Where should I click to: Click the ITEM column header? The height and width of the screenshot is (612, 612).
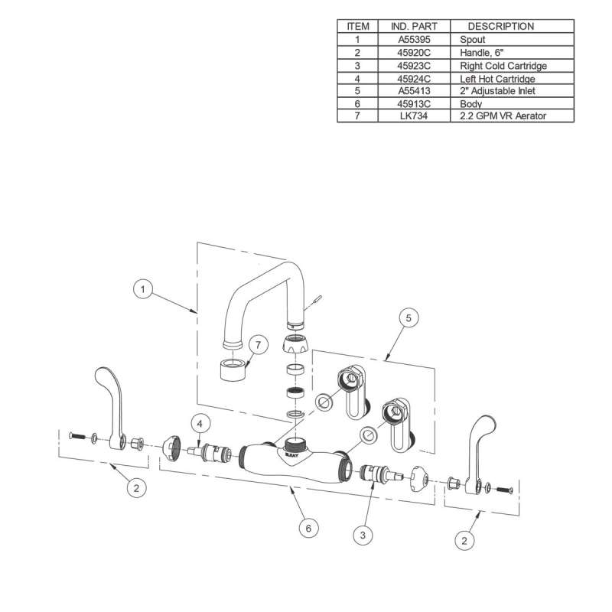(357, 26)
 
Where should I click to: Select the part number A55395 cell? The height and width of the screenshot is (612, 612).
(414, 39)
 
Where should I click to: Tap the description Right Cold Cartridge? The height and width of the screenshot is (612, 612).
(503, 66)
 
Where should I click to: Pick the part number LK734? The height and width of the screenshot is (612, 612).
(414, 116)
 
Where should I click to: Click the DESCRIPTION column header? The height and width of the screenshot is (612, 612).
(500, 26)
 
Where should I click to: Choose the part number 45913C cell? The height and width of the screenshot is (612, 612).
(414, 103)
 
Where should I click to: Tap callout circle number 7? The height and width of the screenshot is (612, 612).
(258, 346)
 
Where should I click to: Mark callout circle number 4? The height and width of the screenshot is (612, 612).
(199, 423)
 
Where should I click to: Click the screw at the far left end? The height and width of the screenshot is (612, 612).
(77, 436)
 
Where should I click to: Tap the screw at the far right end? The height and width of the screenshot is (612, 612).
(502, 488)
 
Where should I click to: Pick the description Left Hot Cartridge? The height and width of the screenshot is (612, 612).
(497, 78)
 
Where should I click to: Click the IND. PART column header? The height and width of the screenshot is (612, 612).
(414, 26)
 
